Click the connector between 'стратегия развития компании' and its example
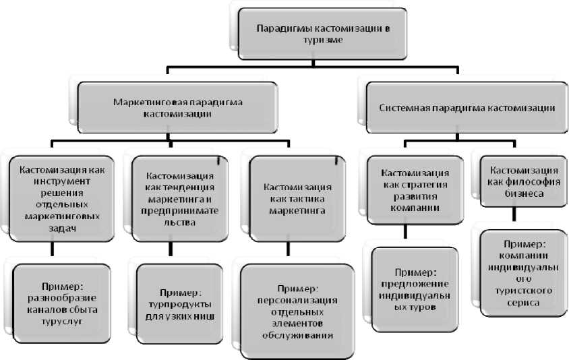[x=405, y=233]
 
